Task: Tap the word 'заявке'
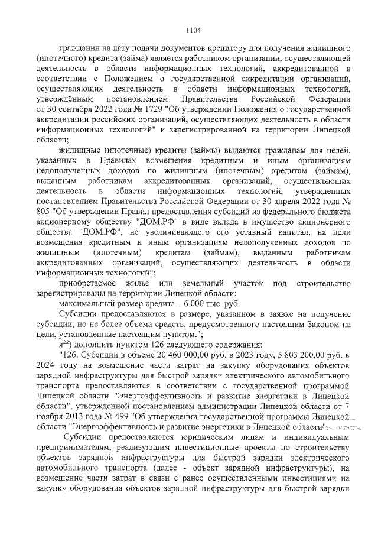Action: click(x=273, y=314)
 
